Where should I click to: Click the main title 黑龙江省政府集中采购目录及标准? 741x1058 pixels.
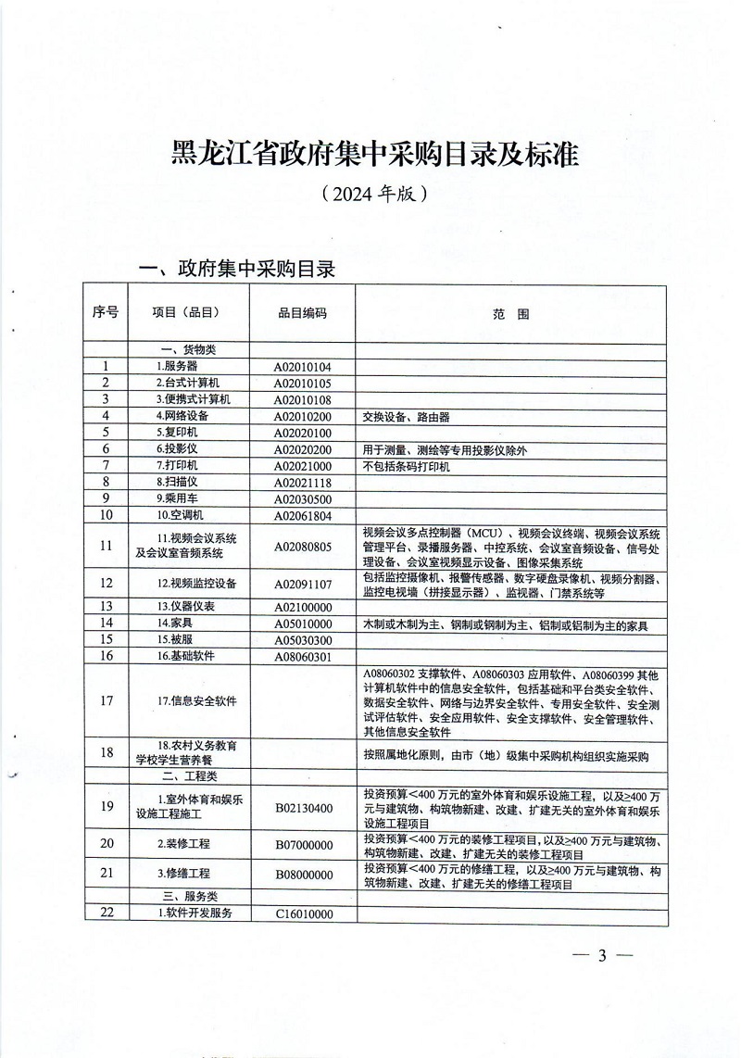374,154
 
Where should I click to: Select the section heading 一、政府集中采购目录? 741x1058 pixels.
235,269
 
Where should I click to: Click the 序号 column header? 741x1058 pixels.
106,313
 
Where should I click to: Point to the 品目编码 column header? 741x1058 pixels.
302,313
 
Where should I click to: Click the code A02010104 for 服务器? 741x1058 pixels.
302,366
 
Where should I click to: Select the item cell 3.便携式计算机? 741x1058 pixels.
192,399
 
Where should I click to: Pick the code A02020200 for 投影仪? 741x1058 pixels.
302,449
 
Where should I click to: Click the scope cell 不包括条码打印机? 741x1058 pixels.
407,466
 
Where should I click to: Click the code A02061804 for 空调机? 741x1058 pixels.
302,515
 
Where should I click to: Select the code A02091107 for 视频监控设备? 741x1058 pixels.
302,584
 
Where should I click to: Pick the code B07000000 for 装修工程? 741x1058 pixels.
302,843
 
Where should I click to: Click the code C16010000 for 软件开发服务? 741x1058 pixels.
302,913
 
